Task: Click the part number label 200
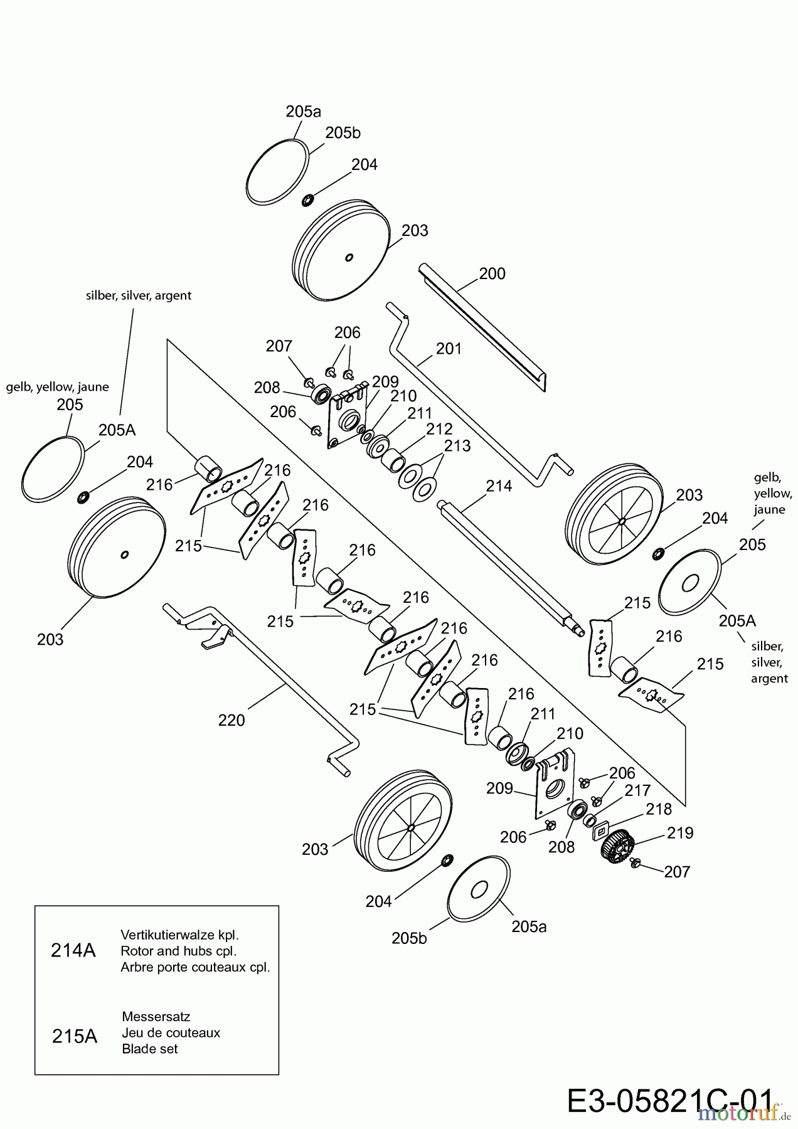coord(492,274)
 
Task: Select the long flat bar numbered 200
coord(483,326)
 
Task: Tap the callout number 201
coord(449,349)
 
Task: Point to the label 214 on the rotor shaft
coord(499,486)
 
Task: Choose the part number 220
coord(231,721)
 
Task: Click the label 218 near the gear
coord(659,809)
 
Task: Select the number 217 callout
coord(637,791)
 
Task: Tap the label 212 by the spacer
coord(439,430)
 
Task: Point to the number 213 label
coord(457,446)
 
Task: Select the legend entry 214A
coord(73,951)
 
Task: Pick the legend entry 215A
coord(75,1036)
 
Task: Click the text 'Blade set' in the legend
coord(150,1049)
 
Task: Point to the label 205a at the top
coord(303,112)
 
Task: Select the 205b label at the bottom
coord(409,938)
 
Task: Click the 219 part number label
coord(680,833)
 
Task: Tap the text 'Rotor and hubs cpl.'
coord(178,951)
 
